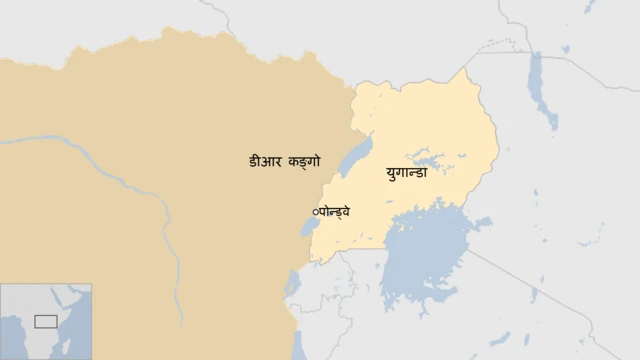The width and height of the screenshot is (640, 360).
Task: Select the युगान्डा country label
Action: [x=406, y=173]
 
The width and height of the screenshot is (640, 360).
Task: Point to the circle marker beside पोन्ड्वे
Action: [x=316, y=212]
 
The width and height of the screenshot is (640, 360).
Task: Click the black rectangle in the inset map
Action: [x=45, y=321]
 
